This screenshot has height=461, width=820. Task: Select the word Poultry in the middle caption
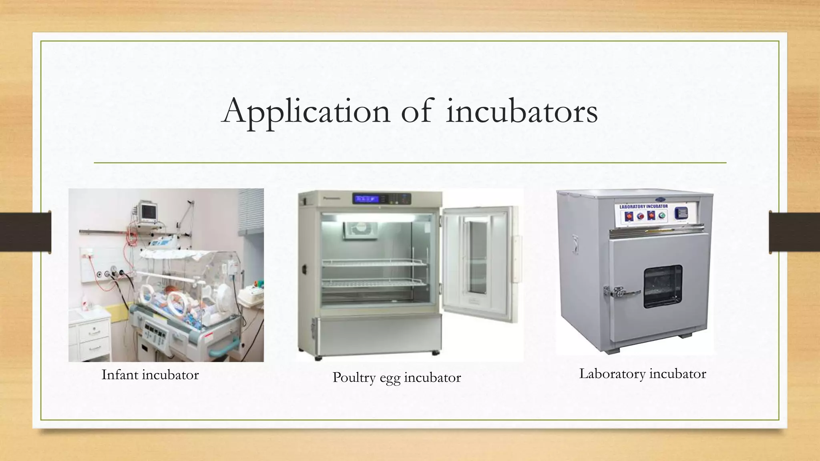point(354,377)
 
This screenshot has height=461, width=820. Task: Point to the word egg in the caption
point(390,378)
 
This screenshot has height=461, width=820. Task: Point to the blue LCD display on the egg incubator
point(366,198)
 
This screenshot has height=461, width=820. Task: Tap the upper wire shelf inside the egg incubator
point(374,263)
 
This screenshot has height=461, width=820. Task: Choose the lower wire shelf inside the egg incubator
point(374,283)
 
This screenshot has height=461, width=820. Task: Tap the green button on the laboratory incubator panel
point(662,216)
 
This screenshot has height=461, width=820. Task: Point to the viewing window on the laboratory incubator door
point(663,286)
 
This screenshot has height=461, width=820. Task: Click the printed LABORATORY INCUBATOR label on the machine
point(643,206)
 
